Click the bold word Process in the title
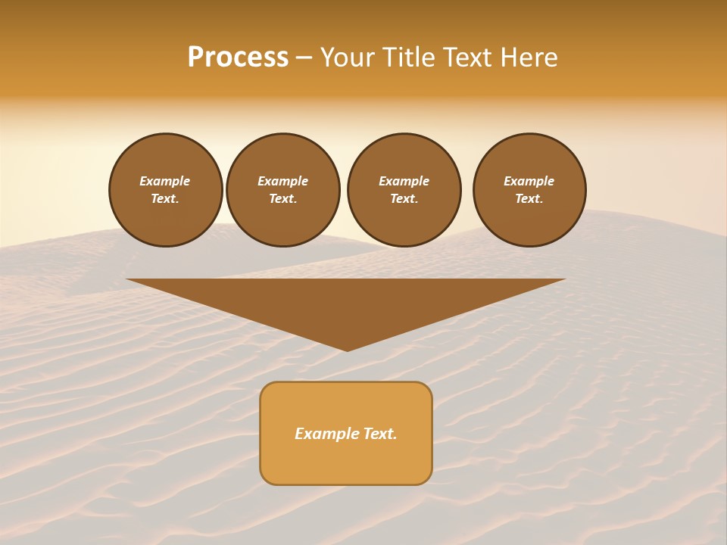click(238, 58)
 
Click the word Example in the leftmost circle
click(165, 181)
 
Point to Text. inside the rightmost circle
click(529, 198)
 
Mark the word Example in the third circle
click(404, 181)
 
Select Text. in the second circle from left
click(282, 198)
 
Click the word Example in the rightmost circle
click(529, 181)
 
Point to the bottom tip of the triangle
click(347, 349)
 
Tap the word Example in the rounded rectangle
click(327, 434)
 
